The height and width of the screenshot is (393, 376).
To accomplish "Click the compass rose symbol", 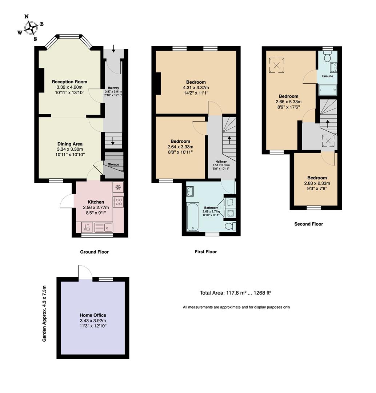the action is point(31,28).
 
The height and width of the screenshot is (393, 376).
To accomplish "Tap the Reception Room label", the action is point(69,82).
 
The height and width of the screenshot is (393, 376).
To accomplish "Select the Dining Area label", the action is point(70,144).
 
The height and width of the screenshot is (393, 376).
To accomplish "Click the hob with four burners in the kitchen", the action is point(119,202).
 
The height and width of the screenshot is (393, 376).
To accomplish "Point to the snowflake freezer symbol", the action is point(118,187).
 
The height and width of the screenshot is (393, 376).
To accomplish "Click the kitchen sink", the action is point(104,227).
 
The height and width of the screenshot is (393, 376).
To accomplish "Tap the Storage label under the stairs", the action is point(113,164).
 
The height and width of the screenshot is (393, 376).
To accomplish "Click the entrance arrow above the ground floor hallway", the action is point(113,49).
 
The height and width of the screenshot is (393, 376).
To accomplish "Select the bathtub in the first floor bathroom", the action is point(193,217).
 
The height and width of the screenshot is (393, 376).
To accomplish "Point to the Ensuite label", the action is point(328,76).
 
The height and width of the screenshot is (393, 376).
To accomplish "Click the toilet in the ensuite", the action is point(327,57).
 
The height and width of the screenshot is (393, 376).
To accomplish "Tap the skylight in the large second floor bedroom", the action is point(277,65).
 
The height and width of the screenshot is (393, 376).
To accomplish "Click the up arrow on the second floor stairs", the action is point(328,124).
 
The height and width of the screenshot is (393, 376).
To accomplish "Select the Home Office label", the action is point(93,315).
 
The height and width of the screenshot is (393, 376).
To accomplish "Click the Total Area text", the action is point(236,293).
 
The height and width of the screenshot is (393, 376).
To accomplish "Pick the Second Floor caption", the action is point(309,224).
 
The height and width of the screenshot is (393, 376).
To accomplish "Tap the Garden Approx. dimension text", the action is point(44,314).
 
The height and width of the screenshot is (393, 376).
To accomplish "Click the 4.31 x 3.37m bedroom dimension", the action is point(196,87).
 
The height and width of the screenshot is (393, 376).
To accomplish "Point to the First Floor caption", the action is point(206,252).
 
